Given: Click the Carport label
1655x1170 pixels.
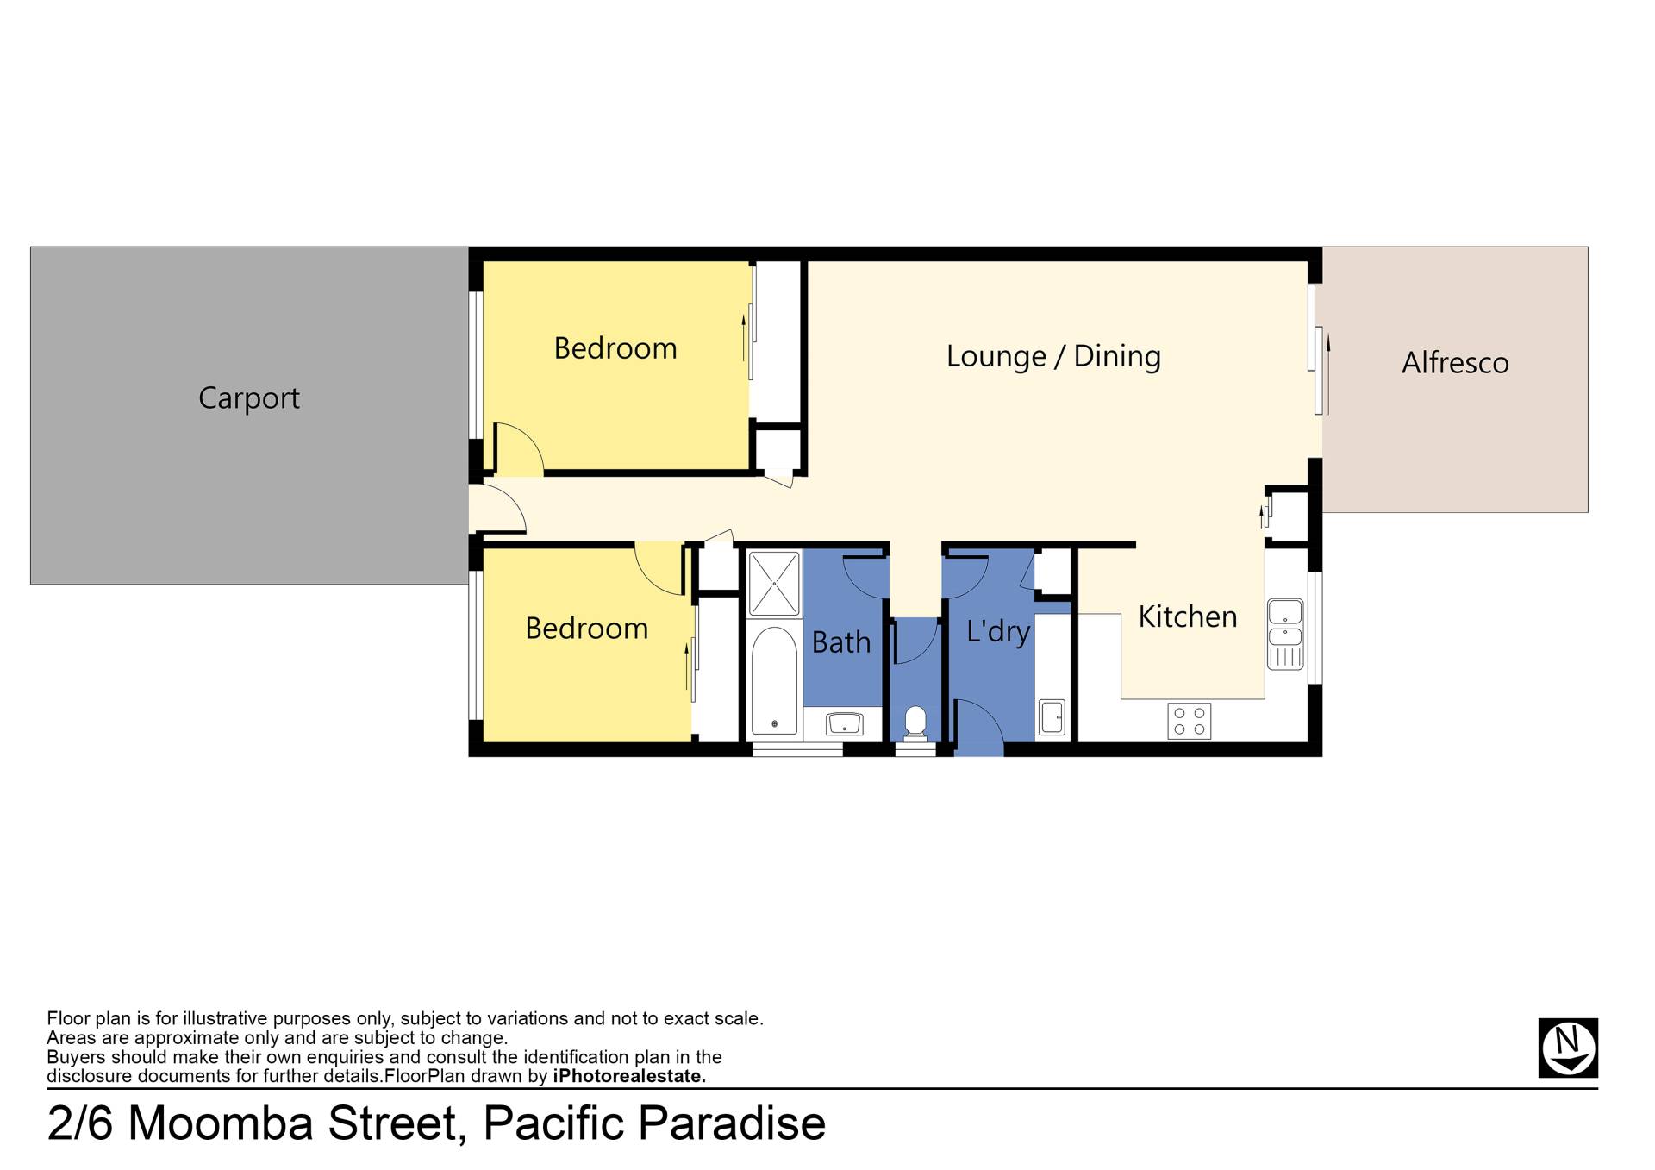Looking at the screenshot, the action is pyautogui.click(x=249, y=398).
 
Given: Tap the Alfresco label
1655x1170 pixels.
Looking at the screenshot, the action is pyautogui.click(x=1455, y=363).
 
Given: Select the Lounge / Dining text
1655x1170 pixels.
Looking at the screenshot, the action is pyautogui.click(x=1053, y=356).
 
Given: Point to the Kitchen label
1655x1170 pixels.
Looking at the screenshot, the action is pyautogui.click(x=1188, y=616).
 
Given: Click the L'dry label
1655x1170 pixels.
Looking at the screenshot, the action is pyautogui.click(x=998, y=631).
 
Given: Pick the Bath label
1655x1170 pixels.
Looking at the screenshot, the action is pyautogui.click(x=841, y=642).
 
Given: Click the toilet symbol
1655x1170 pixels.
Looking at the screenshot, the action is pyautogui.click(x=915, y=723).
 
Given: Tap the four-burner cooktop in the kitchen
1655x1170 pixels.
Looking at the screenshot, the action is pyautogui.click(x=1190, y=721).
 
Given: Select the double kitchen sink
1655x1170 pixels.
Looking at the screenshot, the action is pyautogui.click(x=1285, y=634).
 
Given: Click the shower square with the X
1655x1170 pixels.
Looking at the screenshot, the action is pyautogui.click(x=774, y=584).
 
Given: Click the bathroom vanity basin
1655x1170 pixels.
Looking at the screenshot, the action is pyautogui.click(x=844, y=723).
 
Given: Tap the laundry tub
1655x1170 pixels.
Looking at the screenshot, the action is pyautogui.click(x=1052, y=717).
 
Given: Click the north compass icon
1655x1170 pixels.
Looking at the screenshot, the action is pyautogui.click(x=1568, y=1048).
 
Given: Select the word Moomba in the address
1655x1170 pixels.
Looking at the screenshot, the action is pyautogui.click(x=219, y=1123).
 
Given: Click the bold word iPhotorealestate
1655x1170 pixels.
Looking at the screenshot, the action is pyautogui.click(x=629, y=1076).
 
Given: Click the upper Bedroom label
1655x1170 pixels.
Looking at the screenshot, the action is pyautogui.click(x=615, y=348).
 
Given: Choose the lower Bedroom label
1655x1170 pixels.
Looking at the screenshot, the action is pyautogui.click(x=587, y=629).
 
